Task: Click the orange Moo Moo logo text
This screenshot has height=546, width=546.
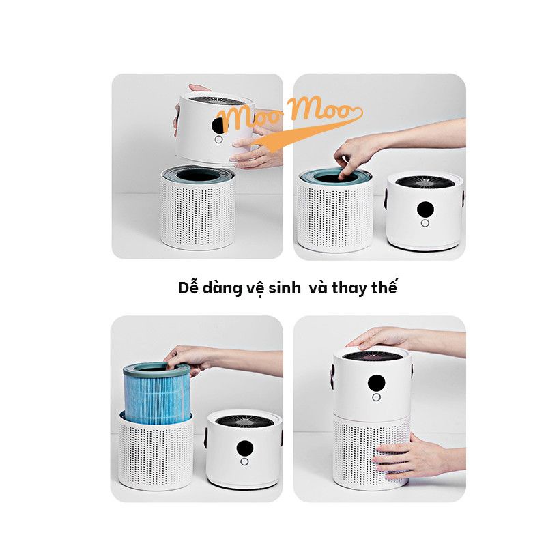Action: (287, 116)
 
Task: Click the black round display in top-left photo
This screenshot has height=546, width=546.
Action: (218, 125)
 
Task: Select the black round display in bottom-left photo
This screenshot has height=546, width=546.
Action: (244, 448)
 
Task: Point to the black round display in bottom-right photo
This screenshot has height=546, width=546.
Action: (375, 382)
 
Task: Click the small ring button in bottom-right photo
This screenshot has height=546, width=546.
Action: (375, 397)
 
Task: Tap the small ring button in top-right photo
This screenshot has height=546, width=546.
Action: (425, 222)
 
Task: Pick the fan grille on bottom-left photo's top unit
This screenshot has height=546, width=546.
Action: (244, 418)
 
